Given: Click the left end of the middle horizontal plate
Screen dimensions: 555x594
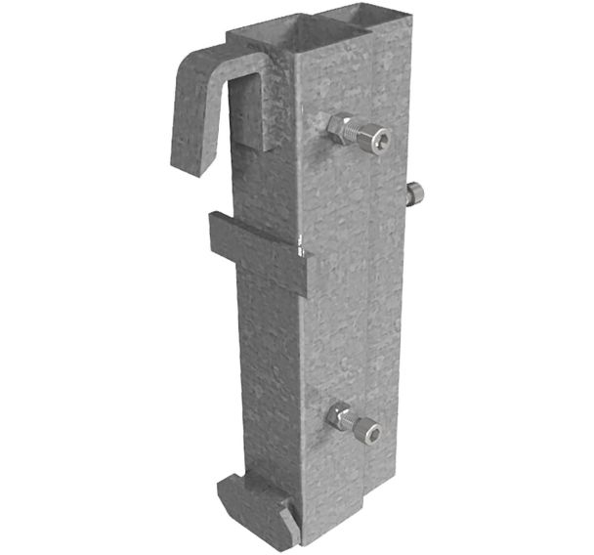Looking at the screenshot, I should [216, 235].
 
